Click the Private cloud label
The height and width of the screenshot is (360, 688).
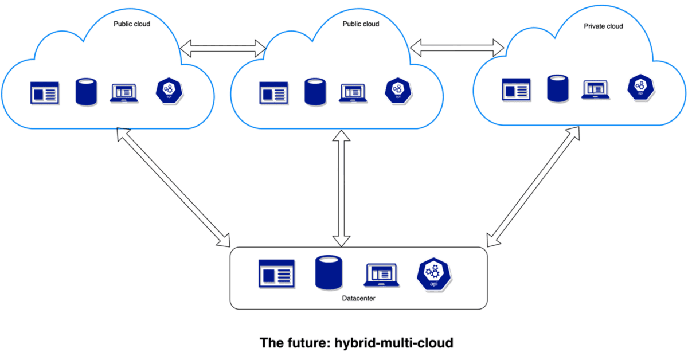[603, 26]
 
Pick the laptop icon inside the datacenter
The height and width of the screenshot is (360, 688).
[381, 275]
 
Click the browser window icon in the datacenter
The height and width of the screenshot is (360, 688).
[276, 273]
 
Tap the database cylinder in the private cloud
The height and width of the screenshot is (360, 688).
[558, 88]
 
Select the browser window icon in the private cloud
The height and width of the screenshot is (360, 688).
[515, 90]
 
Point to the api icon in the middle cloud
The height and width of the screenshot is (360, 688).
[396, 91]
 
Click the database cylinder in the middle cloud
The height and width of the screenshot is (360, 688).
[315, 92]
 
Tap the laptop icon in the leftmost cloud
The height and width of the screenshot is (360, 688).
[124, 93]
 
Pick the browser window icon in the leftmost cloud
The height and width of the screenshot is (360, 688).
[44, 93]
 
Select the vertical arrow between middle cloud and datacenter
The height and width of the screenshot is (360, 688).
[342, 189]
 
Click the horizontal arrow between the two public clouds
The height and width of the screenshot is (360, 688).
[223, 49]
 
